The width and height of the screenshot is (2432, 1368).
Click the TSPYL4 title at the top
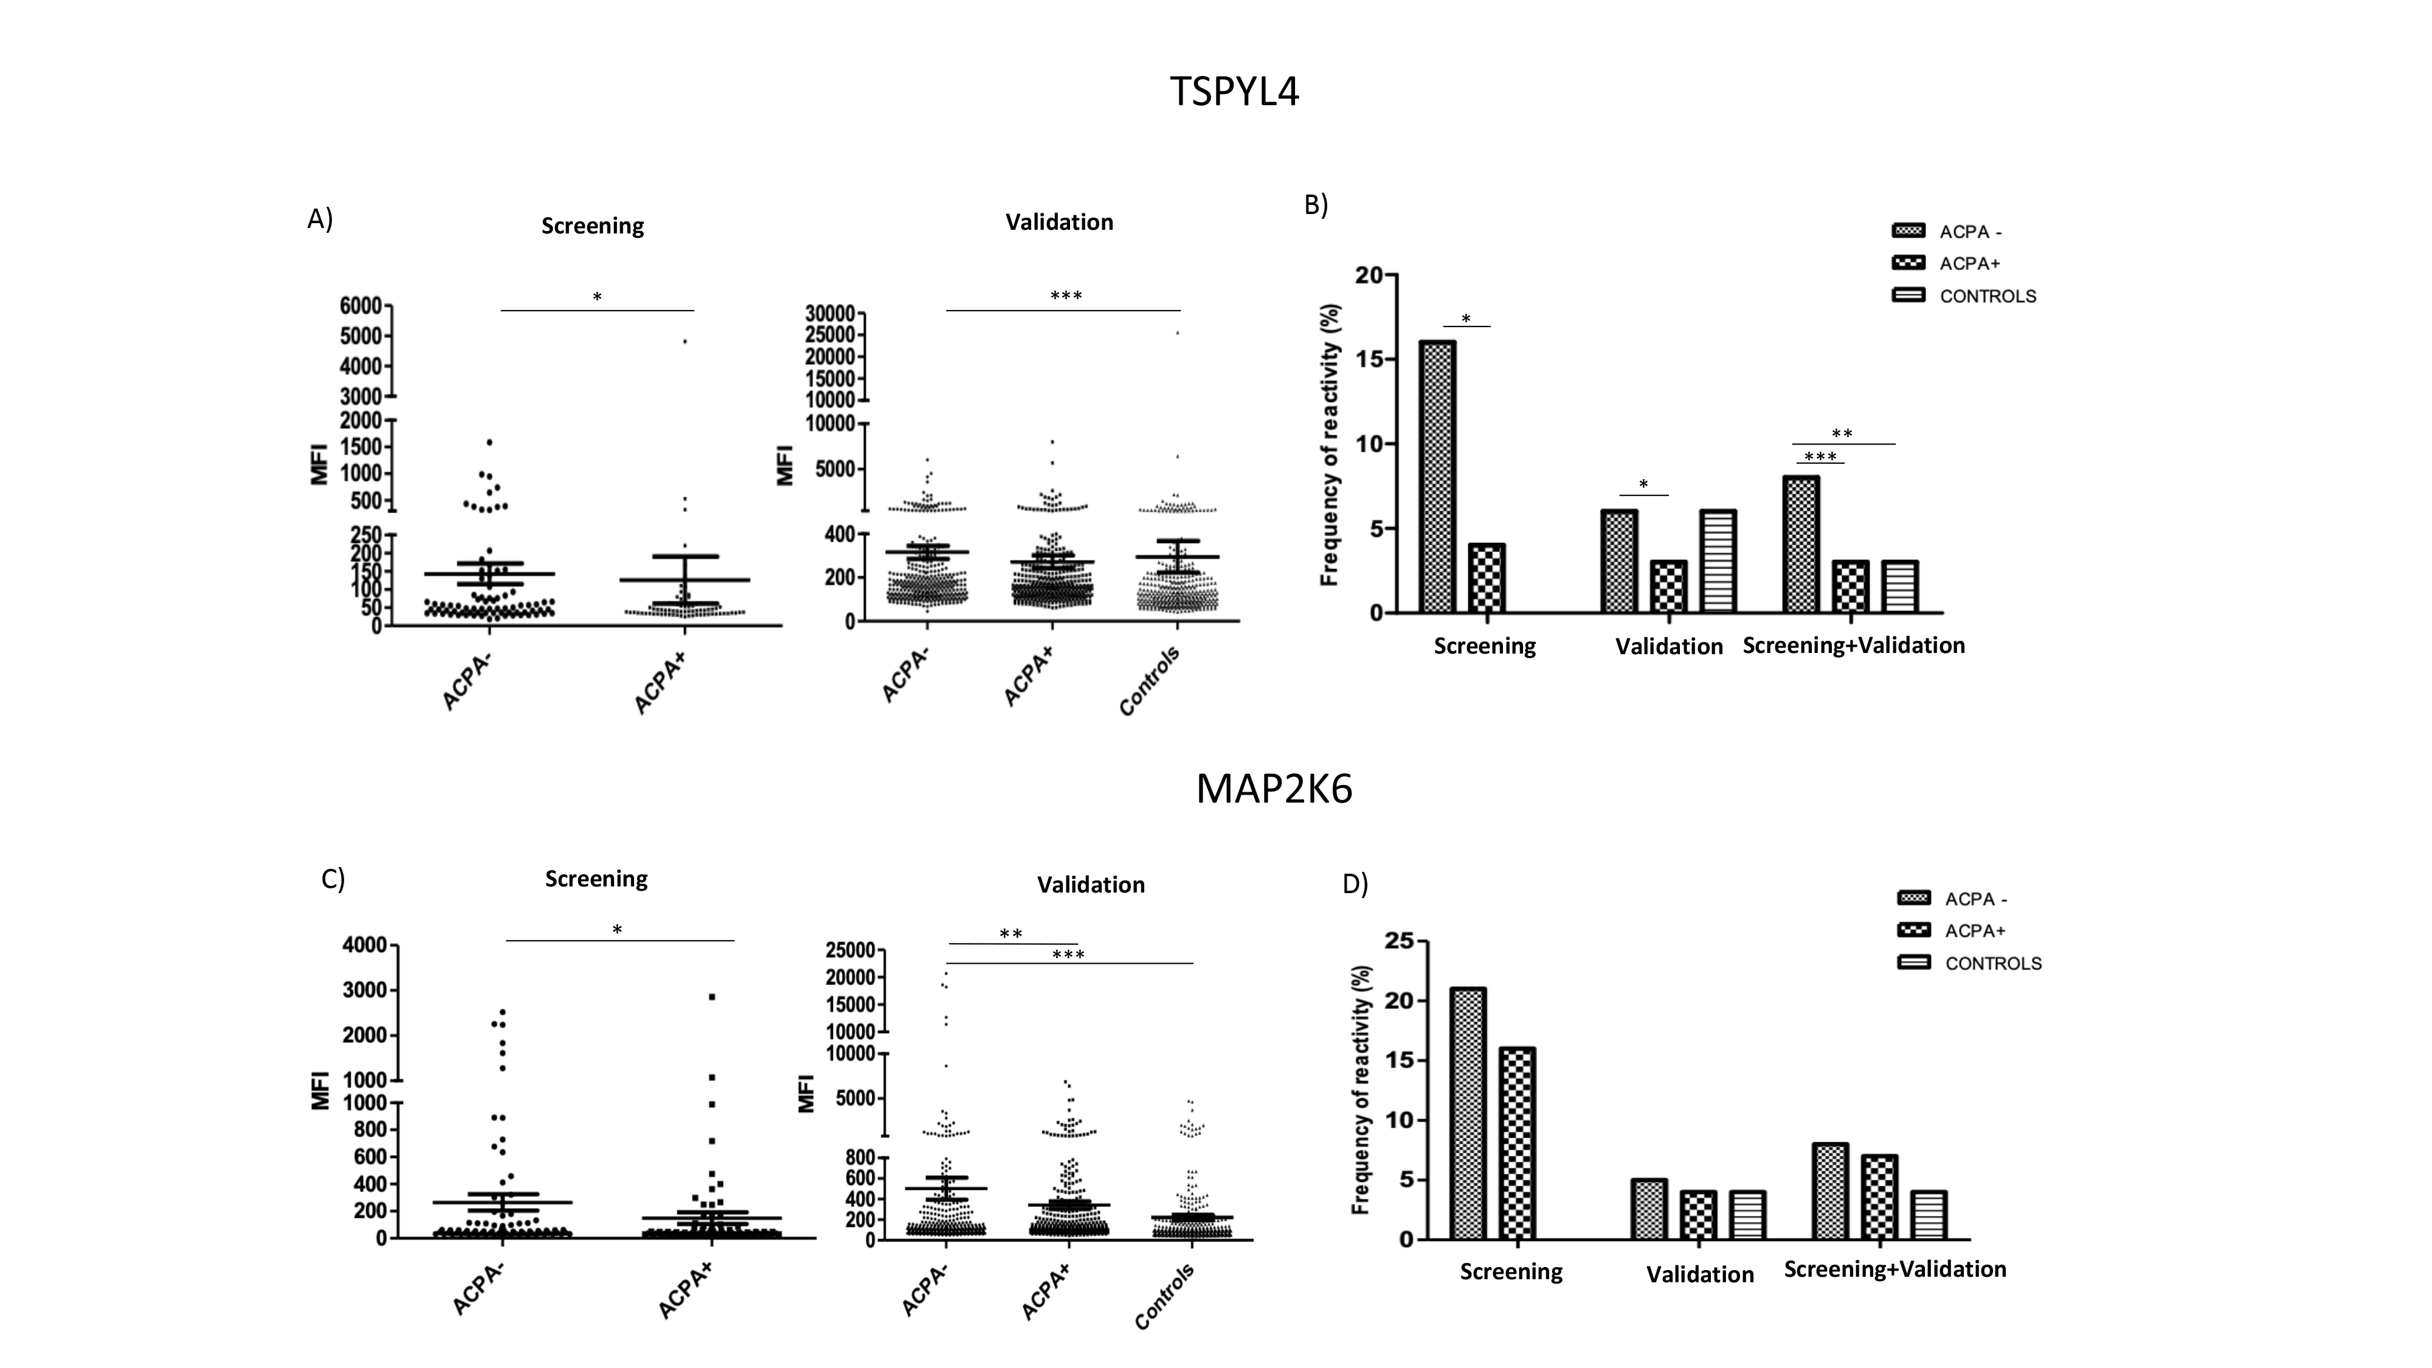pyautogui.click(x=1234, y=92)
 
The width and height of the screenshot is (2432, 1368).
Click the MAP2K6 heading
pyautogui.click(x=1274, y=789)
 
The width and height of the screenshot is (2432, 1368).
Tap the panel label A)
pyautogui.click(x=320, y=219)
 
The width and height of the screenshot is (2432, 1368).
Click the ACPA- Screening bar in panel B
pyautogui.click(x=1436, y=477)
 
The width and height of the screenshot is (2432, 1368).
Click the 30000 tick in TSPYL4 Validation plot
pyautogui.click(x=830, y=314)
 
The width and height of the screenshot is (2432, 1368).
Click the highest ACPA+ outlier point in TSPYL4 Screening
pyautogui.click(x=685, y=341)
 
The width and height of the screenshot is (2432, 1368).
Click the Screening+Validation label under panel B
pyautogui.click(x=1853, y=645)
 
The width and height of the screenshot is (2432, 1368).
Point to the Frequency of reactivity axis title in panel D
pyautogui.click(x=1361, y=1090)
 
